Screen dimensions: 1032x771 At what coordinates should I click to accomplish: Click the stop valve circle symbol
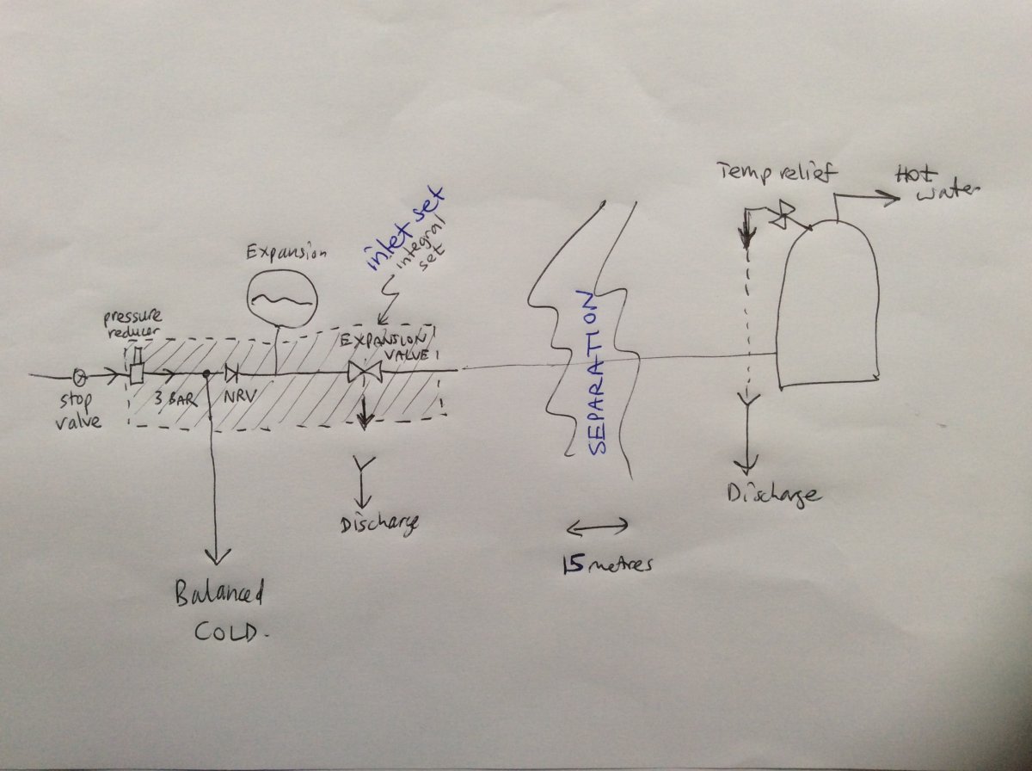coord(80,376)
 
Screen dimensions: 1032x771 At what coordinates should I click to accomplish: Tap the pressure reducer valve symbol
coord(138,366)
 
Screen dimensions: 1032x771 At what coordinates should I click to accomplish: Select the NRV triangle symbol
coord(232,374)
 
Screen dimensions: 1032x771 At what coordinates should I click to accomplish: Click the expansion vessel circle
coord(282,299)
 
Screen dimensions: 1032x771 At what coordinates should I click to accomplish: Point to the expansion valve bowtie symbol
coord(365,373)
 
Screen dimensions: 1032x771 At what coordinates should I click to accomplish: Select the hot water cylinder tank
coord(827,305)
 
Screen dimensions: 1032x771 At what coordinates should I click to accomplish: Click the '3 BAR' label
coord(175,399)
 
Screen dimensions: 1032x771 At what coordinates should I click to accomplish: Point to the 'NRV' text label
coord(240,398)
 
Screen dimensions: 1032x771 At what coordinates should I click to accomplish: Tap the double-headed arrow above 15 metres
coord(597,527)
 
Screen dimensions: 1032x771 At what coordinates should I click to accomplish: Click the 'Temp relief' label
coord(777,172)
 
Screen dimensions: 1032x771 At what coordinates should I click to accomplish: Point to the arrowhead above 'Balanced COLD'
coord(216,556)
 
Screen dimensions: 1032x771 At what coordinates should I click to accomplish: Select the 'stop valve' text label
coord(78,411)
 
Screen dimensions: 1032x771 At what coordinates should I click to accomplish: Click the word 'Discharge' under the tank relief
coord(774,496)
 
